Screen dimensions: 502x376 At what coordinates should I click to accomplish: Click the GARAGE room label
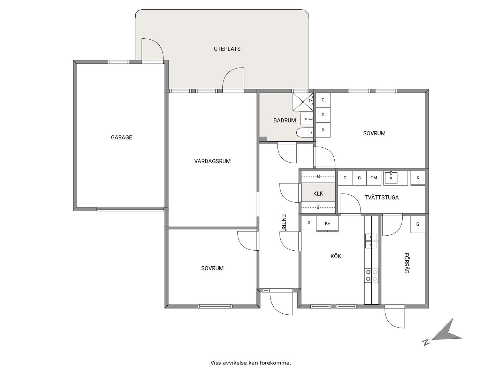(121, 138)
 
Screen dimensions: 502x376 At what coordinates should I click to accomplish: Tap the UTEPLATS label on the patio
(227, 49)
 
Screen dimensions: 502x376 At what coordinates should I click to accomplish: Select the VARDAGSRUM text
(212, 161)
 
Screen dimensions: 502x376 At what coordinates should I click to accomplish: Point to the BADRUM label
(284, 120)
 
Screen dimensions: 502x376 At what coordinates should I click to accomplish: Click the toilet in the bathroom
(305, 132)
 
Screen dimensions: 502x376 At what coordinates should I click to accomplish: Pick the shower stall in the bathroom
(303, 102)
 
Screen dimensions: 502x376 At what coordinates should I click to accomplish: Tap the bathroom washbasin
(306, 119)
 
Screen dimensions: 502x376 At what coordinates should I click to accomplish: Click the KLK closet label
(318, 194)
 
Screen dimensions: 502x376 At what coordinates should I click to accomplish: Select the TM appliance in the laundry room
(374, 178)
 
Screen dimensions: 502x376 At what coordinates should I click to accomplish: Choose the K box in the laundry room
(418, 178)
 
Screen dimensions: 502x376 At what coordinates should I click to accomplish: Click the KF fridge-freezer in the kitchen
(327, 224)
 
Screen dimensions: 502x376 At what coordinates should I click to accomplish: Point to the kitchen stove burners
(371, 275)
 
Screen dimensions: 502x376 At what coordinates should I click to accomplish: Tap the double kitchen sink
(371, 241)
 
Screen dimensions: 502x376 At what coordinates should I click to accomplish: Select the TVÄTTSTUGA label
(381, 197)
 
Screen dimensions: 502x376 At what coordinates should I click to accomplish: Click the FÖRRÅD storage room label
(406, 263)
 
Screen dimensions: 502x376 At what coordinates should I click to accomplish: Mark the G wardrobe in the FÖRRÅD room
(418, 225)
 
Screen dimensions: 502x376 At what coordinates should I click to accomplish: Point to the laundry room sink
(391, 178)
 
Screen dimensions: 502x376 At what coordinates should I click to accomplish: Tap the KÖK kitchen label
(336, 256)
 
